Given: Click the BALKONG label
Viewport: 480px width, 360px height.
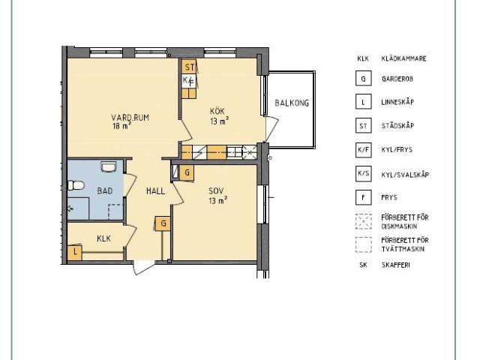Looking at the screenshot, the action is pos(292,103).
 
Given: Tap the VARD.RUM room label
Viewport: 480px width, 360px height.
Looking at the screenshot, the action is pos(130,118).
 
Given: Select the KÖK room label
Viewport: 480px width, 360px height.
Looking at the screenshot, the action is pos(217,111).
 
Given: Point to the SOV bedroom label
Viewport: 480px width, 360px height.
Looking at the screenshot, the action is pos(216,191).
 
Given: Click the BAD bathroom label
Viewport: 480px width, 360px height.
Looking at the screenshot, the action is pos(105,191).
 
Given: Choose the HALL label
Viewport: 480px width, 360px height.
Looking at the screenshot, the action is pos(155,191).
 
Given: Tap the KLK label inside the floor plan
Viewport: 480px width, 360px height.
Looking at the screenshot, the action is pos(103,238).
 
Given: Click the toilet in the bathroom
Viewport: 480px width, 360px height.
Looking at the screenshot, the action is pos(76,185).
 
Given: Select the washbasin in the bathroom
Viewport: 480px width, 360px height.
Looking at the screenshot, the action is pos(108,167).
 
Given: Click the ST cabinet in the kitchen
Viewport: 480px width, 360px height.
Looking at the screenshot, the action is pos(189,67).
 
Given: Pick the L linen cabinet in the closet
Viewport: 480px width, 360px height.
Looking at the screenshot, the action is pos(75,253).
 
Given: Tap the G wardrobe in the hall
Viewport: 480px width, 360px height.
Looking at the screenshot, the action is pos(163,223).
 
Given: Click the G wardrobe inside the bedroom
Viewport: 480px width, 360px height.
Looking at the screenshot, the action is pos(187,173).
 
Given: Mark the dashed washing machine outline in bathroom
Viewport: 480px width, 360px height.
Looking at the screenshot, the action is pos(115,211).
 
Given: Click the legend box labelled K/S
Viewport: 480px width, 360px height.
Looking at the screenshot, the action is pos(363,174).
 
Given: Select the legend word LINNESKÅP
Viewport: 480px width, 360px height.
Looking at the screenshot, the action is pos(397,102).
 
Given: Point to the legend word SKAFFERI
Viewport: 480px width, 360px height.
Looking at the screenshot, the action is pos(395,265).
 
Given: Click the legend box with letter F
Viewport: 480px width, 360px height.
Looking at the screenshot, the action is pos(363,197).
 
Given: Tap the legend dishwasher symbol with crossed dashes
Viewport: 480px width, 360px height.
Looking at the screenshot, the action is pos(363,222).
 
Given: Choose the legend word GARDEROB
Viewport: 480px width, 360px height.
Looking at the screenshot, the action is pos(397,79).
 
